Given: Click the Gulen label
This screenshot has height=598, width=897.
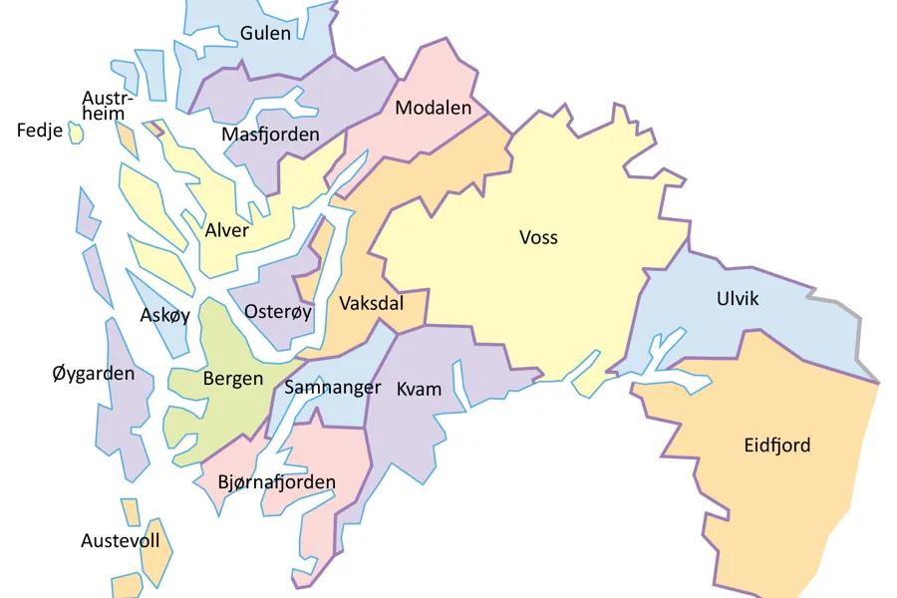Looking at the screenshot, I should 266,33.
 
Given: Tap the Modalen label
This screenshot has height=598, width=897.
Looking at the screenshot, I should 433,108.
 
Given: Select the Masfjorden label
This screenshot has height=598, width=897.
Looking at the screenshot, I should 270,134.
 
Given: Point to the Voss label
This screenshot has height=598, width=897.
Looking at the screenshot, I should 538,237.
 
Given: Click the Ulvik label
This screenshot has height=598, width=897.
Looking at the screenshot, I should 738,299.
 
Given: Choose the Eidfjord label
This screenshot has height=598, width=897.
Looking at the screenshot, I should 777,445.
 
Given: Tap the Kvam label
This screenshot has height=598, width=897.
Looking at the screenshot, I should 419,389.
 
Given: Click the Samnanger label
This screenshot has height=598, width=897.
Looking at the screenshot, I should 333,387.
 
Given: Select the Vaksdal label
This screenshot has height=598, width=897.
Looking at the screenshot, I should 371,303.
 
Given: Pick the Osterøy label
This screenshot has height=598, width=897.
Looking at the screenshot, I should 278,312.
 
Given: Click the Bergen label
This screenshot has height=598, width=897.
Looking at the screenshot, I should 233,379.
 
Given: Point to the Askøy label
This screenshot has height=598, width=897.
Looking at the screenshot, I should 164,316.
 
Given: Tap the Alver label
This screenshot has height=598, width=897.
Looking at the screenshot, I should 227,230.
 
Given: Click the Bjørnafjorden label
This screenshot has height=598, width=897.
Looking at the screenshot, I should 277,482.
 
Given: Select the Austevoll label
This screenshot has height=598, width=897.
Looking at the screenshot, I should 120,541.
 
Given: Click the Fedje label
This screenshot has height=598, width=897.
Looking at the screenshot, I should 40,131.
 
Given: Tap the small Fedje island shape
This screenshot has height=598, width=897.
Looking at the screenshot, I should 76,133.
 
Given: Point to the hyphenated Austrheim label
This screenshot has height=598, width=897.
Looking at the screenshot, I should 105,106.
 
